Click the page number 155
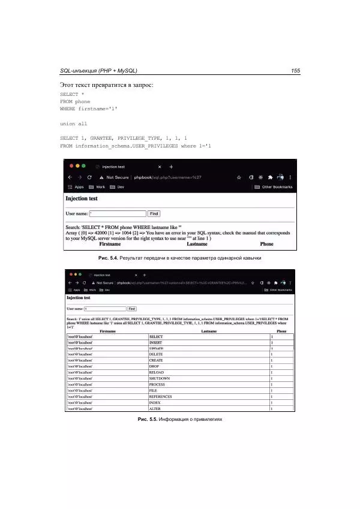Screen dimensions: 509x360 pos(295,71)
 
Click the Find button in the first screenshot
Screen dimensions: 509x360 pos(154,213)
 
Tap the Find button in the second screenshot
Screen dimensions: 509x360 pos(132,308)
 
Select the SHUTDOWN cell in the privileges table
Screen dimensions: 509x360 pos(160,379)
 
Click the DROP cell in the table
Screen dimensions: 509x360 pos(155,366)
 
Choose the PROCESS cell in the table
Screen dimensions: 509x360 pos(157,385)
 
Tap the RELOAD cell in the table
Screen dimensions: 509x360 pos(157,372)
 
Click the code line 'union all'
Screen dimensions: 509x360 pos(73,124)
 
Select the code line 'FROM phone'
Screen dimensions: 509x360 pos(75,102)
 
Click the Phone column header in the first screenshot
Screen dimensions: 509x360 pos(266,244)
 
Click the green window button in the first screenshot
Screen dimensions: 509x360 pos(83,165)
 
